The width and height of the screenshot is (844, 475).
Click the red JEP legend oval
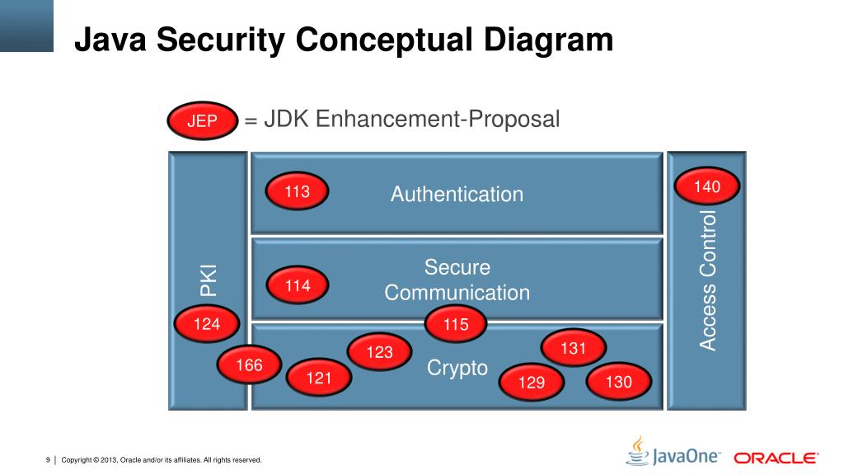click(x=203, y=122)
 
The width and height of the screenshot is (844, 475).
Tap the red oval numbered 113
click(x=298, y=193)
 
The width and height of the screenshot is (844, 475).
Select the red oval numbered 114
click(x=298, y=286)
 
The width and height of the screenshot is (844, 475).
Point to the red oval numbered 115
click(x=456, y=325)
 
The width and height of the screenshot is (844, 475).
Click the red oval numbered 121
click(x=318, y=379)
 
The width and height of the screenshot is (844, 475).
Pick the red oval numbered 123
click(x=380, y=353)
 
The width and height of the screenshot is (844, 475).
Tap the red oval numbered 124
click(x=207, y=324)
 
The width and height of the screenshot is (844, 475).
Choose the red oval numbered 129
click(x=532, y=382)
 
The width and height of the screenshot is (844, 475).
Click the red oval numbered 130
click(x=619, y=382)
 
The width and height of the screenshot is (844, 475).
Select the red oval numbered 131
click(x=573, y=349)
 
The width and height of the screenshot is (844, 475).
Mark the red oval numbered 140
click(x=707, y=187)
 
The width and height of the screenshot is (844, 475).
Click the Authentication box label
click(x=457, y=195)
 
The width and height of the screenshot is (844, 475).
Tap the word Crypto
click(x=457, y=368)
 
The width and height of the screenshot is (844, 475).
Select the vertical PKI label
click(x=209, y=280)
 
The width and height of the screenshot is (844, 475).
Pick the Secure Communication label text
click(x=457, y=280)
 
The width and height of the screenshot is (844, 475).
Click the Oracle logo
click(x=776, y=458)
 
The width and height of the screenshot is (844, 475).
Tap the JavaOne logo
click(x=674, y=453)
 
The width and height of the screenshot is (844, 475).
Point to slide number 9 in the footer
click(x=48, y=459)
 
